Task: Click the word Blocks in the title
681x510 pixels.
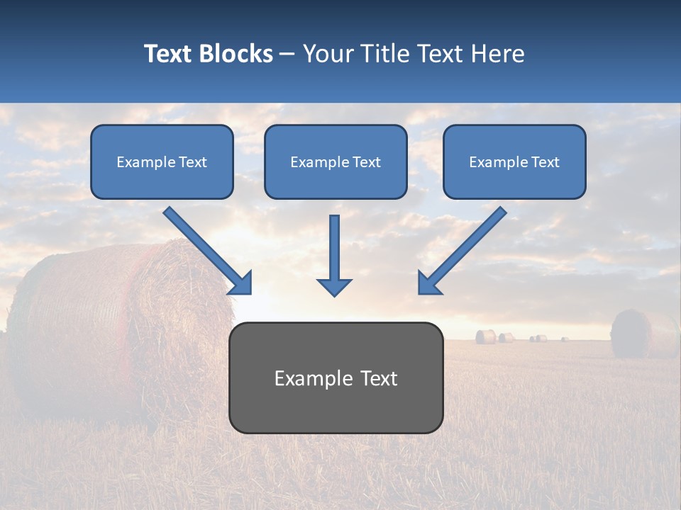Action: pos(236,54)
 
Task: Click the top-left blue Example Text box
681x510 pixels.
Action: pos(162,161)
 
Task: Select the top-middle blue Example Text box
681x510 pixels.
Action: pos(336,161)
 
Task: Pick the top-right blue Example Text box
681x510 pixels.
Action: pos(514,161)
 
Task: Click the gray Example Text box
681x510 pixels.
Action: pos(336,378)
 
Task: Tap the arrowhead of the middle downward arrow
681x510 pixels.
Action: pos(334,286)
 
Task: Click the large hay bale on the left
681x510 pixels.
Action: pos(106,326)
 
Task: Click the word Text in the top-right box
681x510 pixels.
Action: pos(545,161)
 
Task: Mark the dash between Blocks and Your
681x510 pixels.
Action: pos(287,54)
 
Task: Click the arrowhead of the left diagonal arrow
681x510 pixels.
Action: pos(241,283)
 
